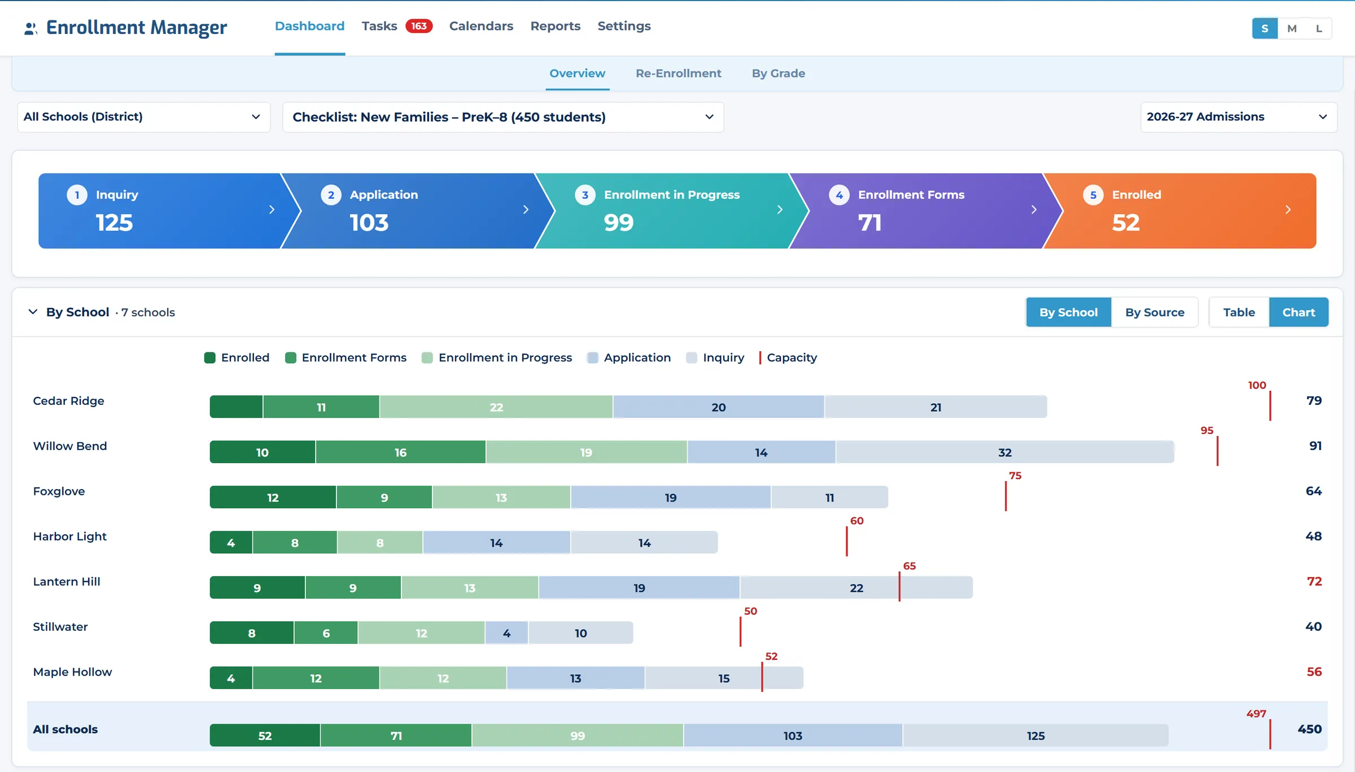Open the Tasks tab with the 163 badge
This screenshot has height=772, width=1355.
click(x=396, y=26)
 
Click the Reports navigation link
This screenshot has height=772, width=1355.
click(x=555, y=26)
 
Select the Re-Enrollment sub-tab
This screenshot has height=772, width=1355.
click(x=678, y=73)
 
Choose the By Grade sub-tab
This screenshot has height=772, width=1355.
click(x=778, y=73)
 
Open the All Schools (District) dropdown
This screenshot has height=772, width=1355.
click(x=144, y=117)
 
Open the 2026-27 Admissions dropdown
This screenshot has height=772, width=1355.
click(x=1239, y=117)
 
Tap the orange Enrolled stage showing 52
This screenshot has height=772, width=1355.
click(x=1180, y=211)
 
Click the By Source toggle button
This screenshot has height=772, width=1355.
click(x=1155, y=312)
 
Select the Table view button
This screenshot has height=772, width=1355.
click(x=1239, y=312)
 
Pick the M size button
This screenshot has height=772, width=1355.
click(x=1292, y=28)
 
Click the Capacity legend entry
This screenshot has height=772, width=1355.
click(x=788, y=357)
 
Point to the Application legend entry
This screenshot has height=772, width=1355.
click(x=629, y=357)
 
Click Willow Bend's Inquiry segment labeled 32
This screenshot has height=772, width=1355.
click(x=1005, y=452)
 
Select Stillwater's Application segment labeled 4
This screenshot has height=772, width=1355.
click(x=506, y=633)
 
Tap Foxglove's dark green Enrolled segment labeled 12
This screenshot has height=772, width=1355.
click(x=273, y=498)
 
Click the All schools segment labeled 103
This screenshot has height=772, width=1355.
click(x=793, y=736)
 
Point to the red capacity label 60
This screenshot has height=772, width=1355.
click(x=856, y=521)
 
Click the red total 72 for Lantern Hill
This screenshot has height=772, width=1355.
click(x=1314, y=582)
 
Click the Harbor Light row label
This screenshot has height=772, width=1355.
click(x=69, y=537)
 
